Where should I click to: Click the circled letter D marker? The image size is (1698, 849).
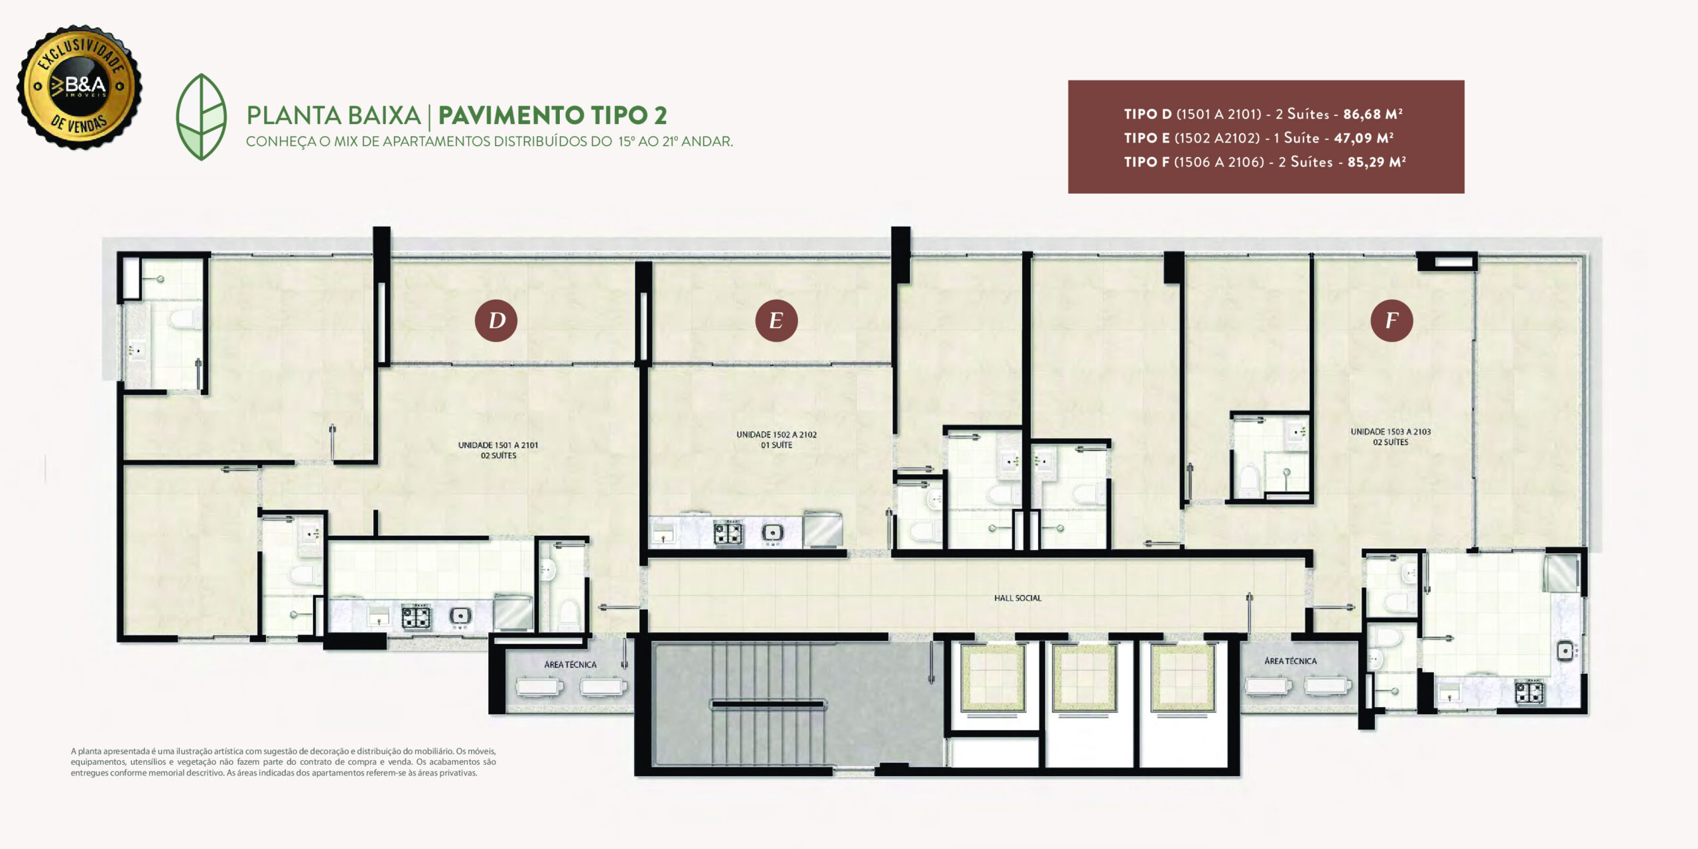[496, 320]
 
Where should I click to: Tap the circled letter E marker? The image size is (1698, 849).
[776, 320]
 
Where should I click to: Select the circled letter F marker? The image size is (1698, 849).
[1392, 320]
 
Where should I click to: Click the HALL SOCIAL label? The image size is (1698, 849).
[1017, 598]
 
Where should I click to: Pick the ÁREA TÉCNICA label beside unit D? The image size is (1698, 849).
[570, 665]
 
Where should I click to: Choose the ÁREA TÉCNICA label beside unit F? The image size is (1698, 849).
[1291, 661]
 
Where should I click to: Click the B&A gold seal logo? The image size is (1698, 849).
[79, 87]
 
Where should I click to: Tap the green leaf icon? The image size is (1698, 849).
[201, 117]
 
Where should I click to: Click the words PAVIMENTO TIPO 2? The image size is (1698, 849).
[553, 115]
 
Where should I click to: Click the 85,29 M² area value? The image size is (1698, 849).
[1377, 162]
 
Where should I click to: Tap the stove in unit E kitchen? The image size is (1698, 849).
[728, 533]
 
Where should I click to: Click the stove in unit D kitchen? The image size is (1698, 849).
[416, 617]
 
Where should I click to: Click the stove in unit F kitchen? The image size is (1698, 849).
[1529, 692]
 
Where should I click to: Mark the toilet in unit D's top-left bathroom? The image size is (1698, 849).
[184, 320]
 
